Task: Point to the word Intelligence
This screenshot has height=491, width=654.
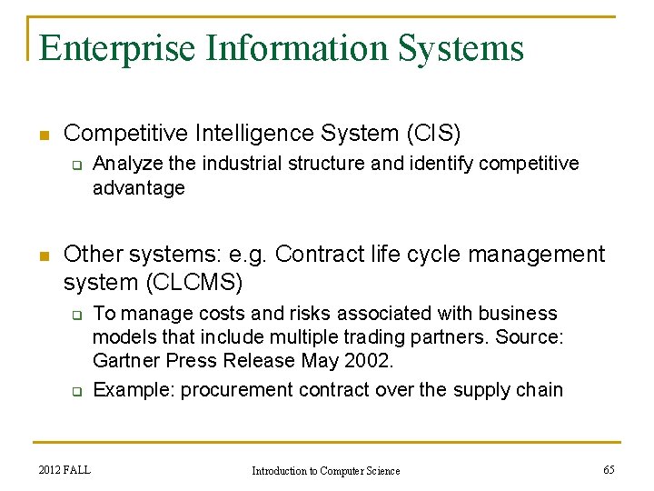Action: coord(247,134)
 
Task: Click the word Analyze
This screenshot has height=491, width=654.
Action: coord(125,164)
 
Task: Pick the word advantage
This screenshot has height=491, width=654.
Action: coord(139,188)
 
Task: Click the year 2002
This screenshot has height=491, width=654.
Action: coord(371,361)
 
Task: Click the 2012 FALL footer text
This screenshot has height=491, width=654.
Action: coord(64,469)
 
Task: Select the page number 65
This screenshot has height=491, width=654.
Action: coord(609,469)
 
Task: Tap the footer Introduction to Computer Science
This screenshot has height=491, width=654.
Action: coord(325,470)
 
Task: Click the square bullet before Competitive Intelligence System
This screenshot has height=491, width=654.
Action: coord(43,135)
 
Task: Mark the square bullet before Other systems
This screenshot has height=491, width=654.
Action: coord(43,256)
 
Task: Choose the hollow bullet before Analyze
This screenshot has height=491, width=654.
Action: coord(77,165)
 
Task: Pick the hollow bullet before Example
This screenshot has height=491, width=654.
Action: coord(77,391)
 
